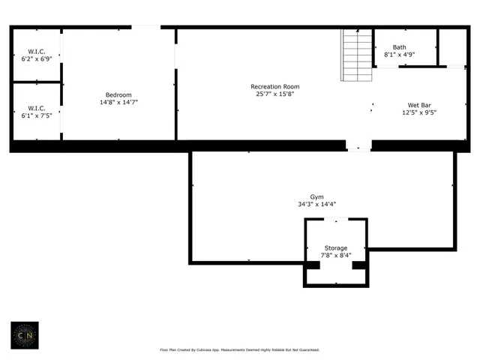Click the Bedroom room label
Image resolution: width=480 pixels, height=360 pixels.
tap(118, 94)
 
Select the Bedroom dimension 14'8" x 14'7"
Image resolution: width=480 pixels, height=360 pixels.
tap(118, 102)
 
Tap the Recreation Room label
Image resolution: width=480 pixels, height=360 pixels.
tap(275, 87)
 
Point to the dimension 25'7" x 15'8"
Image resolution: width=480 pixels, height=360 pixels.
tap(275, 94)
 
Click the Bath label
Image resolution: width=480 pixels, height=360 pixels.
tap(399, 47)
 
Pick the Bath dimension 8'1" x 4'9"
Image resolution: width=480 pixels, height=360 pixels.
tap(399, 55)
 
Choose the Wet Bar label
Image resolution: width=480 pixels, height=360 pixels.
tap(419, 105)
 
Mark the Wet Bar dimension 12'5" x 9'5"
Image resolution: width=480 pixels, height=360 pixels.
tap(419, 112)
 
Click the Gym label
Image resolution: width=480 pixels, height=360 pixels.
tap(322, 196)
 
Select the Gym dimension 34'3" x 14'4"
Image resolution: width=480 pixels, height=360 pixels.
tap(322, 204)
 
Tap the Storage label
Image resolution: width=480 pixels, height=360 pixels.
tap(335, 247)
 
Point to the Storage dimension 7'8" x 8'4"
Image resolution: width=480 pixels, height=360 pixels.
tap(335, 255)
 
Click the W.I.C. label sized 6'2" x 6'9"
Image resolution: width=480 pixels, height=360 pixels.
tap(36, 50)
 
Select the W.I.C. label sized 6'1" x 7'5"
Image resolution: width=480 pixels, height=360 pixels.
tap(36, 108)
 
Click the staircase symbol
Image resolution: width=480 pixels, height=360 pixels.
tap(357, 55)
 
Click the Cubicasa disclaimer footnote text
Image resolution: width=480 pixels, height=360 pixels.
tap(240, 349)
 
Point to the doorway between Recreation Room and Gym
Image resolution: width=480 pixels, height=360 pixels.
tap(358, 146)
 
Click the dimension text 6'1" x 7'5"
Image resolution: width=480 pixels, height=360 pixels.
tap(36, 115)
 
